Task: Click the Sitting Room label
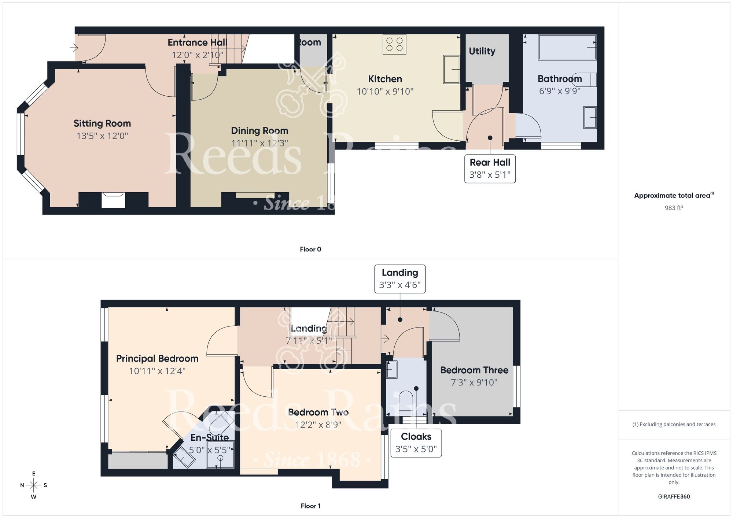point(102,123)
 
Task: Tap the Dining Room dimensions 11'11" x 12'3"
point(259,143)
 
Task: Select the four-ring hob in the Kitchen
point(394,44)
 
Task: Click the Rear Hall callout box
point(490,169)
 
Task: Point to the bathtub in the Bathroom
point(567,47)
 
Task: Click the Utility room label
point(482,51)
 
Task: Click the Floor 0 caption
point(310,249)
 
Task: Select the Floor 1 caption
point(310,506)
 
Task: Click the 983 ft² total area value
point(674,208)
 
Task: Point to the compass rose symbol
point(34,485)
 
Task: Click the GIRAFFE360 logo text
point(674,497)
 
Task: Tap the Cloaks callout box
point(416,443)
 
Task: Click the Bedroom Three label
point(474,370)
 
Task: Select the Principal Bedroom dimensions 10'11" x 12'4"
point(157,371)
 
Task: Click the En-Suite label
point(209,437)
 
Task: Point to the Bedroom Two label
point(318,412)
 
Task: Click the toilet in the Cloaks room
point(406,402)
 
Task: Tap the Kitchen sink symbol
point(452,69)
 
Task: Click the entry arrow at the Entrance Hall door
point(74,47)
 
